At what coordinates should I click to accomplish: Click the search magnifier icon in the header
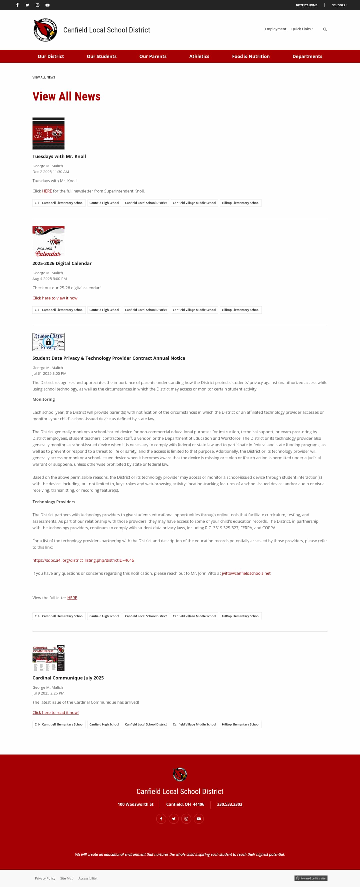(324, 29)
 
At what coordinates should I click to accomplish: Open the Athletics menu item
(199, 56)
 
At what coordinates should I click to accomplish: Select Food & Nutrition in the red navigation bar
(250, 56)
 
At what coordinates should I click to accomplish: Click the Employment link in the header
(275, 29)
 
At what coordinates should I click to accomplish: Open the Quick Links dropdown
(302, 29)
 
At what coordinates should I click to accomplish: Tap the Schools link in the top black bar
(339, 5)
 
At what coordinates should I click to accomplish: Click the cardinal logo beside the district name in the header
(45, 30)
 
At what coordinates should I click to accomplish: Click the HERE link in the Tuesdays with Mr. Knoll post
(47, 191)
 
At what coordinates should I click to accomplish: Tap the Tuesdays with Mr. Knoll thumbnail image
(48, 133)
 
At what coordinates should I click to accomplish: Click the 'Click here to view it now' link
(55, 298)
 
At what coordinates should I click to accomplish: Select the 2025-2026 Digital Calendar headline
(62, 263)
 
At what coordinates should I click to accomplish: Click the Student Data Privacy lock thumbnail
(48, 342)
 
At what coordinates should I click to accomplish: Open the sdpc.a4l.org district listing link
(83, 560)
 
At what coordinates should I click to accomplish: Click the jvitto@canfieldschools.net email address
(246, 573)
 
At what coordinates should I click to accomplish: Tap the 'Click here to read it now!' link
(55, 712)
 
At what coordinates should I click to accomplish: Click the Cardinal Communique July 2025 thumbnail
(48, 658)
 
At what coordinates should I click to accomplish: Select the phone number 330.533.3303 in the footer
(229, 804)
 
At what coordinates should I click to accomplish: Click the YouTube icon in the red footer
(198, 819)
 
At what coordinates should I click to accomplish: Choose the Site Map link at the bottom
(67, 878)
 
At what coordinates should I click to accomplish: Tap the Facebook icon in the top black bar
(17, 5)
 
